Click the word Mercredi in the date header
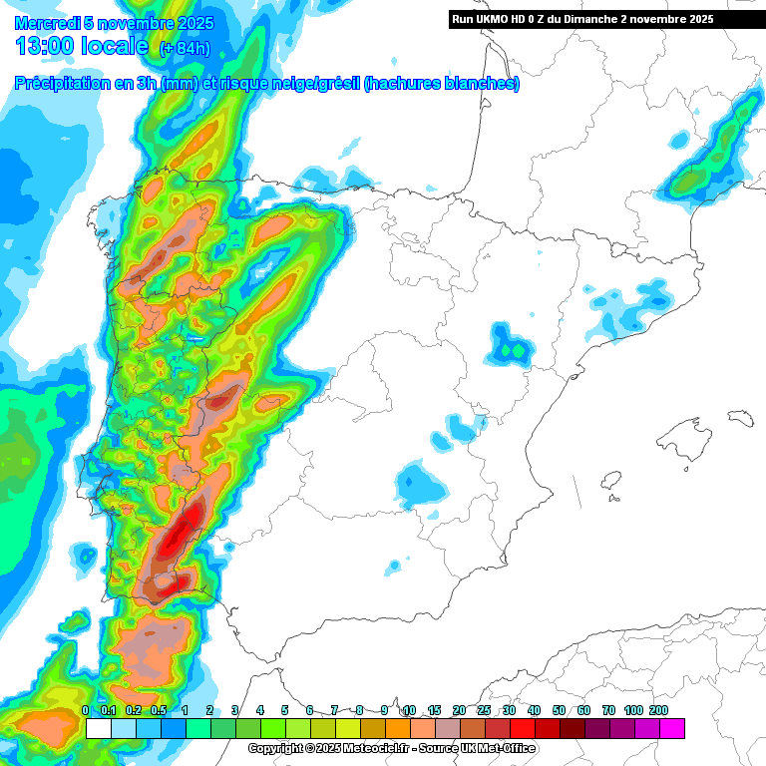pos(47,23)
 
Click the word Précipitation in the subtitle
pos(63,85)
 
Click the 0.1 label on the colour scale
pos(108,710)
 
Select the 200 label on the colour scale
pos(658,710)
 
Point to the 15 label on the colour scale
pos(434,710)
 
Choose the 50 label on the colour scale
pos(559,710)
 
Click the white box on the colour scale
pos(99,728)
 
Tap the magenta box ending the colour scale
pos(672,728)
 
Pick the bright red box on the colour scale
pos(523,728)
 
